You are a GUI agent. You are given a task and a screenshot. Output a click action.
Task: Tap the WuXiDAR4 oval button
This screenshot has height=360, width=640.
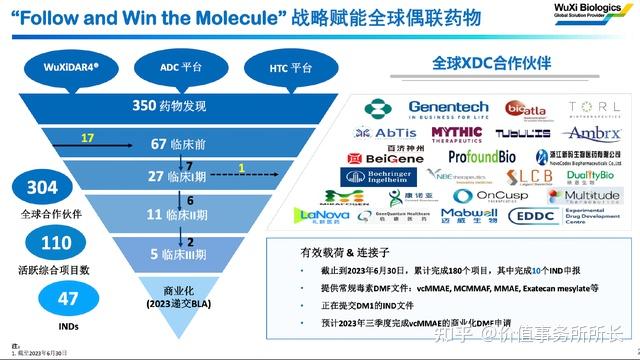point(71,67)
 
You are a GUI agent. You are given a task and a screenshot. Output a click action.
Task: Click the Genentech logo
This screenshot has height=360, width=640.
point(448,107)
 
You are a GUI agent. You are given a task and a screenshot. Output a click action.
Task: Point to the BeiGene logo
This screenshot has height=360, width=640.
point(384,158)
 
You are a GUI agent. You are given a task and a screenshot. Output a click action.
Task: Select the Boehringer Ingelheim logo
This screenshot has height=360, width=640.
point(385,177)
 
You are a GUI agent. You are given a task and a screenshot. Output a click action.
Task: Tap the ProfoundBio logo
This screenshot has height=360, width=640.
point(481,157)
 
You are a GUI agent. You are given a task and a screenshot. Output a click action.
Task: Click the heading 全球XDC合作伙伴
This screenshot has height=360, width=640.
point(491,63)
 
